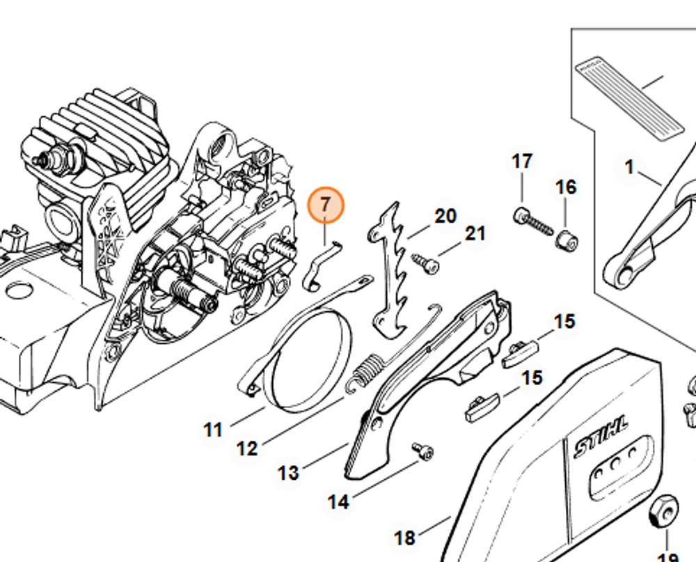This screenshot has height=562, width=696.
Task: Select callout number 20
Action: pyautogui.click(x=445, y=216)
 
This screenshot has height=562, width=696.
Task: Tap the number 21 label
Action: pyautogui.click(x=475, y=233)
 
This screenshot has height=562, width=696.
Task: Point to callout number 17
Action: pyautogui.click(x=522, y=162)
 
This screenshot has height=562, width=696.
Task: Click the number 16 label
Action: pyautogui.click(x=566, y=187)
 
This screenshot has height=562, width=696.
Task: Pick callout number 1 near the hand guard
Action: pyautogui.click(x=629, y=167)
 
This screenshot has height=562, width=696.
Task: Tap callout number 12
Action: pyautogui.click(x=247, y=448)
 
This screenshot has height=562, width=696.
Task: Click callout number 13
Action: pyautogui.click(x=288, y=473)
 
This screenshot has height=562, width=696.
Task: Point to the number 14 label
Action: pyautogui.click(x=338, y=501)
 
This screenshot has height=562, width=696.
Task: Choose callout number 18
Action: pyautogui.click(x=405, y=538)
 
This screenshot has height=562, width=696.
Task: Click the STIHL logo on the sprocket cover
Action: pyautogui.click(x=601, y=437)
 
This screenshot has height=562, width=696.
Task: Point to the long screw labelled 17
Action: pyautogui.click(x=533, y=222)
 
